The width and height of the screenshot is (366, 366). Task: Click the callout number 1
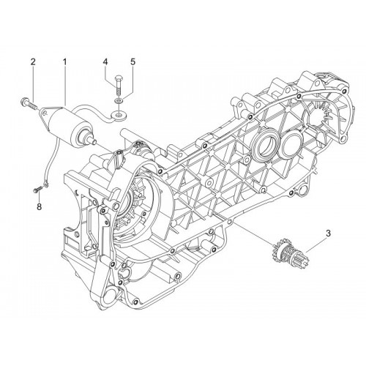65,61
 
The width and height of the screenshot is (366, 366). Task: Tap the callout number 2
33,61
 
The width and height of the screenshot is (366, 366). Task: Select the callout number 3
328,234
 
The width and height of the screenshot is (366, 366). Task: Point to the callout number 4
105,61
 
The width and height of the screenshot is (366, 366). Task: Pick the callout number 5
132,61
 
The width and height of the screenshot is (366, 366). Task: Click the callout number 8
39,206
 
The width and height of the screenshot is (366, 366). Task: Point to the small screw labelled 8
37,190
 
